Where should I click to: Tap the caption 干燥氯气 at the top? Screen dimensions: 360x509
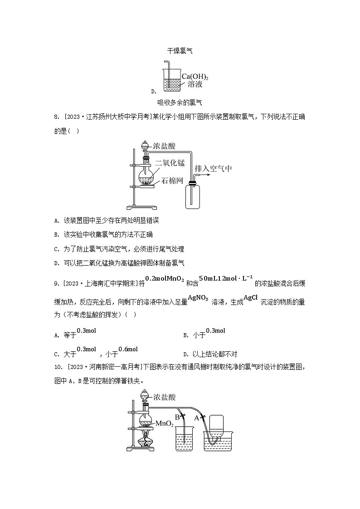(180, 51)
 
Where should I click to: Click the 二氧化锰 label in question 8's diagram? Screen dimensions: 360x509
(170, 162)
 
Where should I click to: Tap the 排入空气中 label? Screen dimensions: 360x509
(213, 169)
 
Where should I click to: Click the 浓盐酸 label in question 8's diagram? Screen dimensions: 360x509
(164, 146)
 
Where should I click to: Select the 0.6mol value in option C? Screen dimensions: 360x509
(128, 349)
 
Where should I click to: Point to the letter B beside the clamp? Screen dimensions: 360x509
(177, 418)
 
